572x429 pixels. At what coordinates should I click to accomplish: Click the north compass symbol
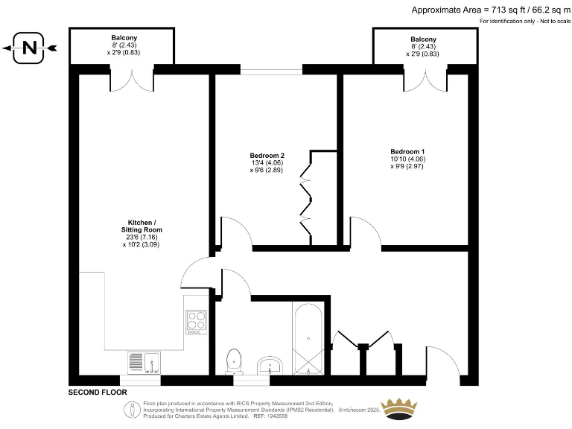(29, 49)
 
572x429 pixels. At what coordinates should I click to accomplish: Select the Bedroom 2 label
(267, 156)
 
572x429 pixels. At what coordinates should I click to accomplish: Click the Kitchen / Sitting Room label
(141, 226)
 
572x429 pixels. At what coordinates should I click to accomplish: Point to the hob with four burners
(197, 321)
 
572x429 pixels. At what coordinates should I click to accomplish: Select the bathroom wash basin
(270, 366)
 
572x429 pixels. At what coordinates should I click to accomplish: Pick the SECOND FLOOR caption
(98, 393)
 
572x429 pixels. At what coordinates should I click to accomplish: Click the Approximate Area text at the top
(490, 10)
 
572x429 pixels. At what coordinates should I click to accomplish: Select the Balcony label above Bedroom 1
(422, 39)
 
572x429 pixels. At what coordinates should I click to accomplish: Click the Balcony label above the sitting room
(124, 37)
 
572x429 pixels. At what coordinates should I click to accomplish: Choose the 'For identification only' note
(525, 22)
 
